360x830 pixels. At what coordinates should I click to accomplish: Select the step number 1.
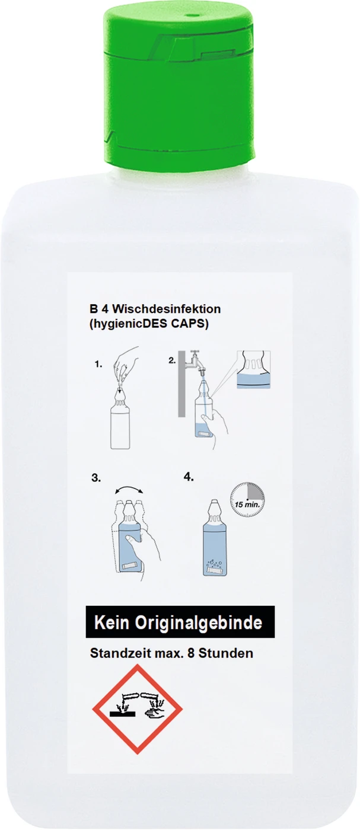click(x=98, y=365)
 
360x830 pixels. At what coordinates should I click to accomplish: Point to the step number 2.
click(x=172, y=360)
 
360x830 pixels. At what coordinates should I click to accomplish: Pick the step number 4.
click(x=189, y=476)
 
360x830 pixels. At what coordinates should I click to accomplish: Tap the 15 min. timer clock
click(x=247, y=502)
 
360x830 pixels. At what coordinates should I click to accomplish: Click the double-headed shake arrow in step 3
click(x=128, y=490)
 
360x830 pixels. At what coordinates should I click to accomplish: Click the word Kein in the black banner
click(x=115, y=623)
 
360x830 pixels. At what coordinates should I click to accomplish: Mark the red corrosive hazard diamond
click(x=137, y=708)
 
